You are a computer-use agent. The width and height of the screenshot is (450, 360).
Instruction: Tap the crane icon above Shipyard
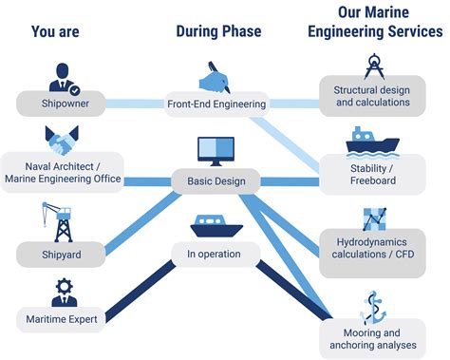pyautogui.click(x=61, y=221)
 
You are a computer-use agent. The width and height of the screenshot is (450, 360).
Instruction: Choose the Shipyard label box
pyautogui.click(x=61, y=254)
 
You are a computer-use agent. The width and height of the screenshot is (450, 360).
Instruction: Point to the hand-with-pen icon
pyautogui.click(x=216, y=76)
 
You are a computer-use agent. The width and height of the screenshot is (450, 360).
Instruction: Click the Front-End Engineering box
pyautogui.click(x=216, y=104)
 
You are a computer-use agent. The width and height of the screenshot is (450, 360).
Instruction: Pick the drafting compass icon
pyautogui.click(x=373, y=67)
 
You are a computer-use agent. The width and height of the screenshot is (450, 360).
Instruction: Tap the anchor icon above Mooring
pyautogui.click(x=373, y=308)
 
